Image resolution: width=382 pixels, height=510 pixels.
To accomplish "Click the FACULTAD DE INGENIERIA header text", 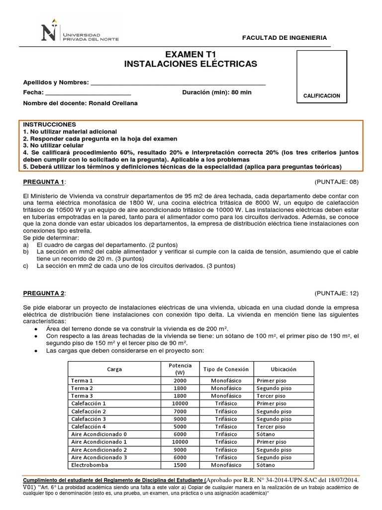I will tap(291, 38).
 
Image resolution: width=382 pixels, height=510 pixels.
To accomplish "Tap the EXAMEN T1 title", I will tap(191, 54).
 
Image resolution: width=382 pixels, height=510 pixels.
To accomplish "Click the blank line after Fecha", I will tap(88, 93).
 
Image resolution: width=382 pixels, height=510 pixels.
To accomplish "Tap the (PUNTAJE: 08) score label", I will tap(336, 182).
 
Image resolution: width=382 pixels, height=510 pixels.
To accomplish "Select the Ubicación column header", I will tap(284, 369).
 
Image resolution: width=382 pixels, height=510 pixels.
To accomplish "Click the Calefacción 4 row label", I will tap(89, 426).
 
